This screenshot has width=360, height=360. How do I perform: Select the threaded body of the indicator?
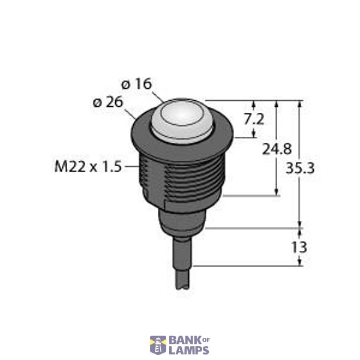tap(180, 177)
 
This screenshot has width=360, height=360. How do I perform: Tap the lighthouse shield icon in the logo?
tap(158, 345)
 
